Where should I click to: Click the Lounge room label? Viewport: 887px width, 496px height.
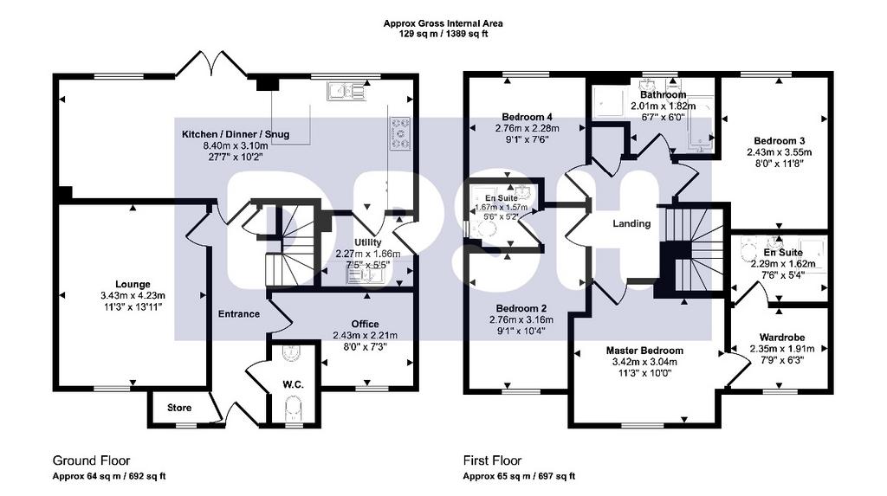[133, 285]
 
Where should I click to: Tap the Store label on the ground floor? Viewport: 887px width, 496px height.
[179, 408]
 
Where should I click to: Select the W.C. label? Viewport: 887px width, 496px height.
[293, 384]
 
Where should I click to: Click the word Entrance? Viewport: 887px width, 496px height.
[239, 314]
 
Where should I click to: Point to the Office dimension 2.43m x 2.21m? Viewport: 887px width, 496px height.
[365, 335]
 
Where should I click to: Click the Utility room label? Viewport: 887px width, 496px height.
[367, 242]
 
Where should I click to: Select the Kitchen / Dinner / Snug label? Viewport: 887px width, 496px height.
[236, 134]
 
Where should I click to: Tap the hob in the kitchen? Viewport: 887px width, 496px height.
[401, 133]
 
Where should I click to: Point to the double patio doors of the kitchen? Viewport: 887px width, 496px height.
[211, 63]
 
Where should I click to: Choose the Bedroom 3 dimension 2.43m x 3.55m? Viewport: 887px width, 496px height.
[779, 152]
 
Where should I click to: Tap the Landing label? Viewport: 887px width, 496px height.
[631, 223]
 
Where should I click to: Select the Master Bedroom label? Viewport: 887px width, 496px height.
[644, 351]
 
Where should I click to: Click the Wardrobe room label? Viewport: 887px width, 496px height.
[782, 338]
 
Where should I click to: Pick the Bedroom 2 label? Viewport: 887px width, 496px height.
[521, 309]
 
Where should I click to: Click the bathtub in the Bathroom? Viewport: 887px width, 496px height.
[701, 125]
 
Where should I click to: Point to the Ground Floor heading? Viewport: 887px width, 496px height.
[91, 461]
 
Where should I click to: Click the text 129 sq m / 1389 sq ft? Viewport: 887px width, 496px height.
[443, 34]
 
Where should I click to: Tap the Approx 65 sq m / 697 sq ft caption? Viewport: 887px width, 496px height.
[519, 476]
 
